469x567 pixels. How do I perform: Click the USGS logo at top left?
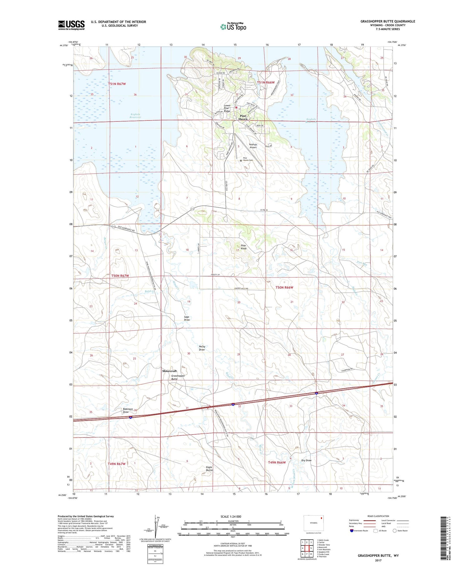(x=71, y=25)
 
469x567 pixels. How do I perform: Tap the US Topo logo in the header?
(x=233, y=27)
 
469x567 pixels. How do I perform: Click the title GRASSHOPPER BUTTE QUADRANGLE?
(x=388, y=21)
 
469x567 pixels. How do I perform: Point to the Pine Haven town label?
(x=243, y=118)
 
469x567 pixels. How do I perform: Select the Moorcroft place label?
(x=169, y=371)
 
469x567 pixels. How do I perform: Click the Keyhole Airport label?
(x=253, y=146)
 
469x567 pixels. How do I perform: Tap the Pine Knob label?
(x=244, y=247)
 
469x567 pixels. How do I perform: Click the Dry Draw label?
(x=306, y=460)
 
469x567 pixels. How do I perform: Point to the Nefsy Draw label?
(x=202, y=348)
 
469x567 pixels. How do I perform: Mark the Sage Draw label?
(x=187, y=318)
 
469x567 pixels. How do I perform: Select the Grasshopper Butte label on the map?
(x=178, y=377)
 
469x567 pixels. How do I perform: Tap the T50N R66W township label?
(x=284, y=287)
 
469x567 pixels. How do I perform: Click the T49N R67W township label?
(x=117, y=464)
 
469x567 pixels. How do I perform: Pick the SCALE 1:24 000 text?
(x=233, y=516)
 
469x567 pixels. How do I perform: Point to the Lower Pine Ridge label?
(x=227, y=108)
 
